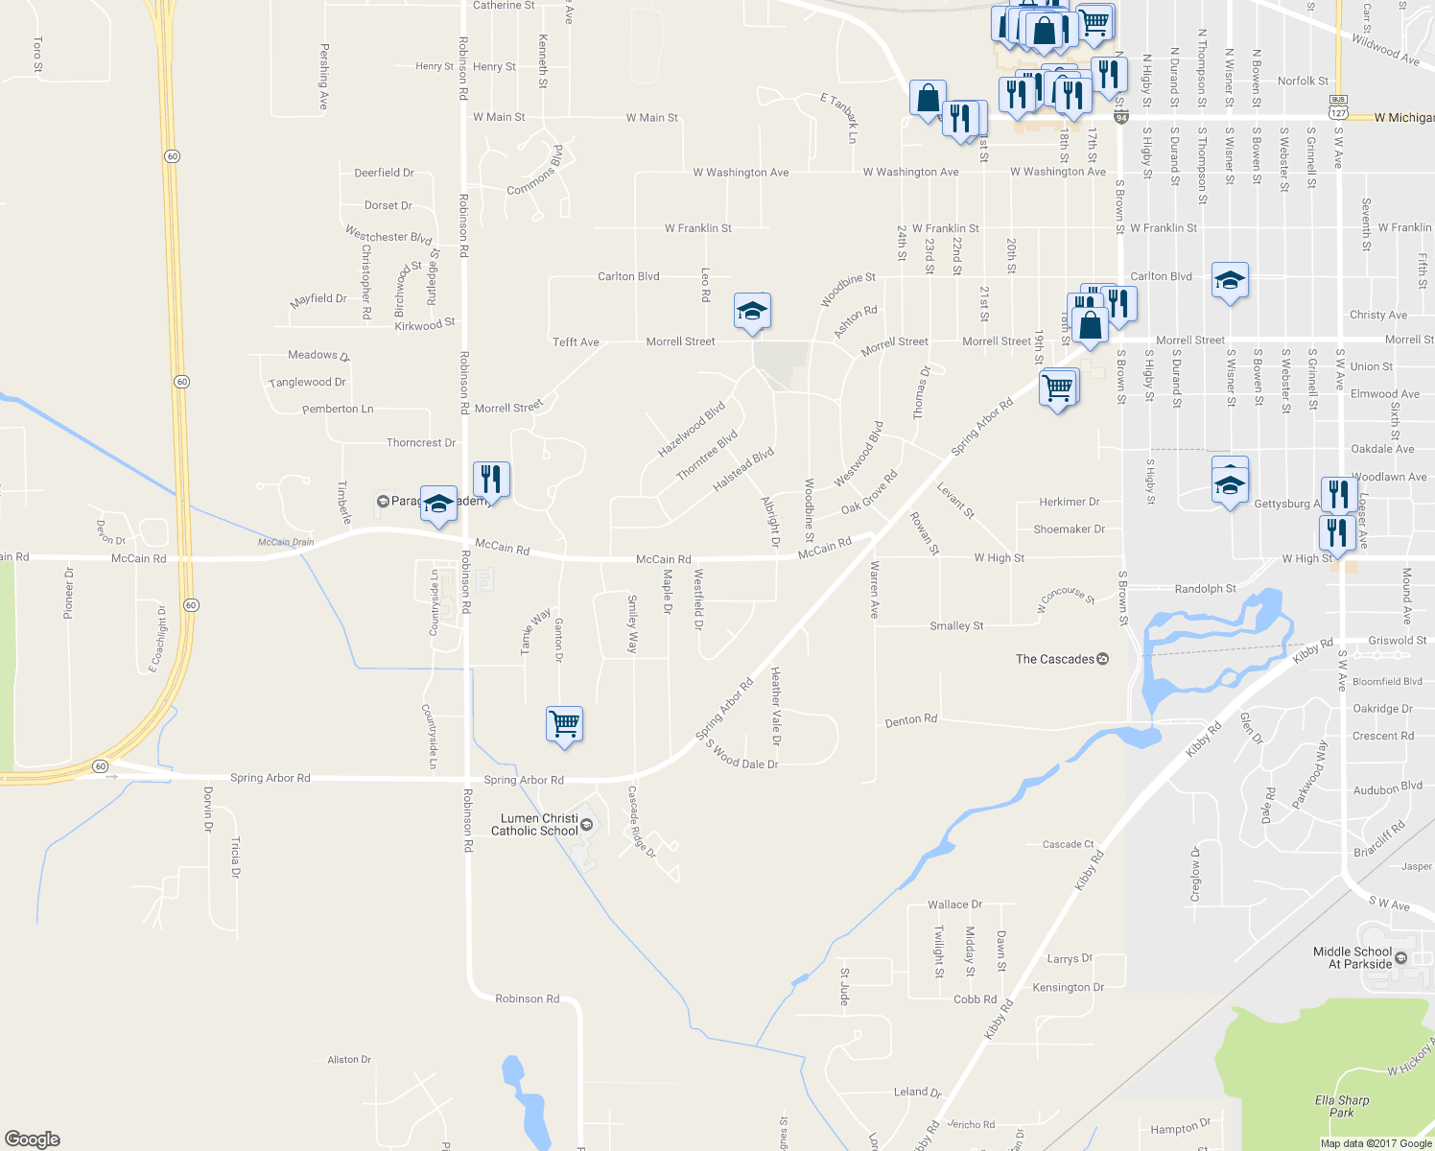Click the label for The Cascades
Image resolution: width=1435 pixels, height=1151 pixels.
1055,659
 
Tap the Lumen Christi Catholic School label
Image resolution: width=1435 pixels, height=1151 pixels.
535,825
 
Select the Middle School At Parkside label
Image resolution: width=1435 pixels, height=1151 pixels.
1353,958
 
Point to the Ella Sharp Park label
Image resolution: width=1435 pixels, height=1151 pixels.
1342,1106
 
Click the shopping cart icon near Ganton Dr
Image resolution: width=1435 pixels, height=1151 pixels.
564,724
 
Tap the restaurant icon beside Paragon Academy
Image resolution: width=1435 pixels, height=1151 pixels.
491,479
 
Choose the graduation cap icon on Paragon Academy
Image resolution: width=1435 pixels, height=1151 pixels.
438,505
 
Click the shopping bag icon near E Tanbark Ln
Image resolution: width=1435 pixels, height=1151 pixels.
928,99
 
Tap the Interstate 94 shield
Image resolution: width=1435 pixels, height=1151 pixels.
1120,117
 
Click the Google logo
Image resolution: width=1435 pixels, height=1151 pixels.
33,1139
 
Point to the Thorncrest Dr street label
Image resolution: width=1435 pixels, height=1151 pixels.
421,443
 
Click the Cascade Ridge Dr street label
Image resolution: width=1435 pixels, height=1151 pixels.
641,822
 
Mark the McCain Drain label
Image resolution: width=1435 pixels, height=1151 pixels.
286,542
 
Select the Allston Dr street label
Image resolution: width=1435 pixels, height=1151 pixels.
349,1060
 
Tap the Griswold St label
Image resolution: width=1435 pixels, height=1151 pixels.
1398,641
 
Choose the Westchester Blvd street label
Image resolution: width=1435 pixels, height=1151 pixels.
388,236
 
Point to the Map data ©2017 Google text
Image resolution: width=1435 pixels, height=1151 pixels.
1376,1143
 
